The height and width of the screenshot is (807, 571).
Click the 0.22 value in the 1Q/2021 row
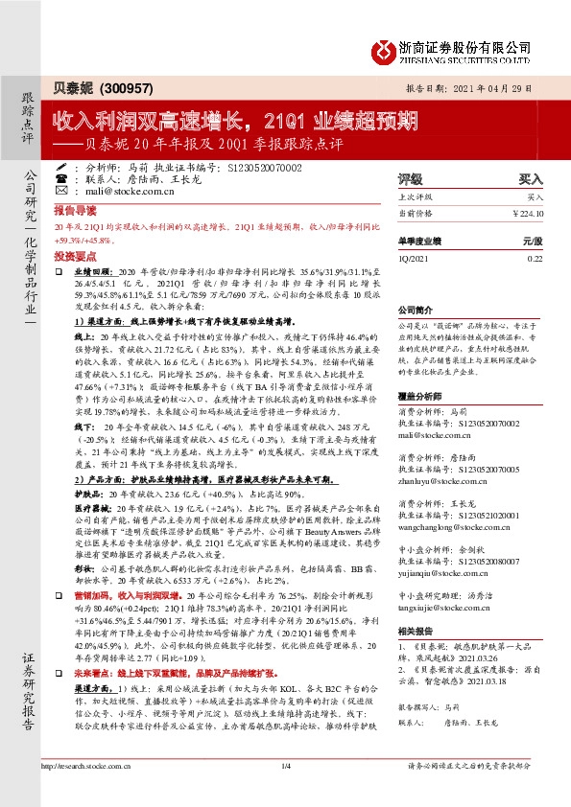point(535,258)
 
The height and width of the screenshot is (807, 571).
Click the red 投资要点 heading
point(75,256)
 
